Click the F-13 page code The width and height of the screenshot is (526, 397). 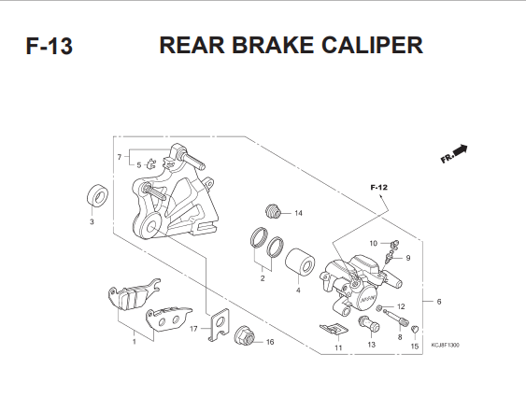pyautogui.click(x=49, y=47)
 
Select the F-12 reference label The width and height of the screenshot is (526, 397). pyautogui.click(x=378, y=188)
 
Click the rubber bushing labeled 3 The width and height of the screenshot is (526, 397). pyautogui.click(x=97, y=195)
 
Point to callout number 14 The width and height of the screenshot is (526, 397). pyautogui.click(x=298, y=213)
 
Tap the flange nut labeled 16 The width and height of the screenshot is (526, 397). pyautogui.click(x=245, y=335)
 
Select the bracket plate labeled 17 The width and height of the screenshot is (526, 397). pyautogui.click(x=219, y=324)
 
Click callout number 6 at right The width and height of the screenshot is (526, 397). pyautogui.click(x=439, y=302)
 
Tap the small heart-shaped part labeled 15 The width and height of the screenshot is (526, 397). pyautogui.click(x=415, y=330)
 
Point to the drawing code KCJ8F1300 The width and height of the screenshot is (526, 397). pyautogui.click(x=445, y=345)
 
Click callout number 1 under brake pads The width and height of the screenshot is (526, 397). pyautogui.click(x=135, y=342)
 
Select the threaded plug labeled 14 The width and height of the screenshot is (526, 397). pyautogui.click(x=274, y=211)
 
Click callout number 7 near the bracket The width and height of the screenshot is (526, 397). pyautogui.click(x=120, y=157)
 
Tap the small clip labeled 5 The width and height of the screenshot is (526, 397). pyautogui.click(x=151, y=164)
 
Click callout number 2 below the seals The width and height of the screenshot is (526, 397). pyautogui.click(x=263, y=278)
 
